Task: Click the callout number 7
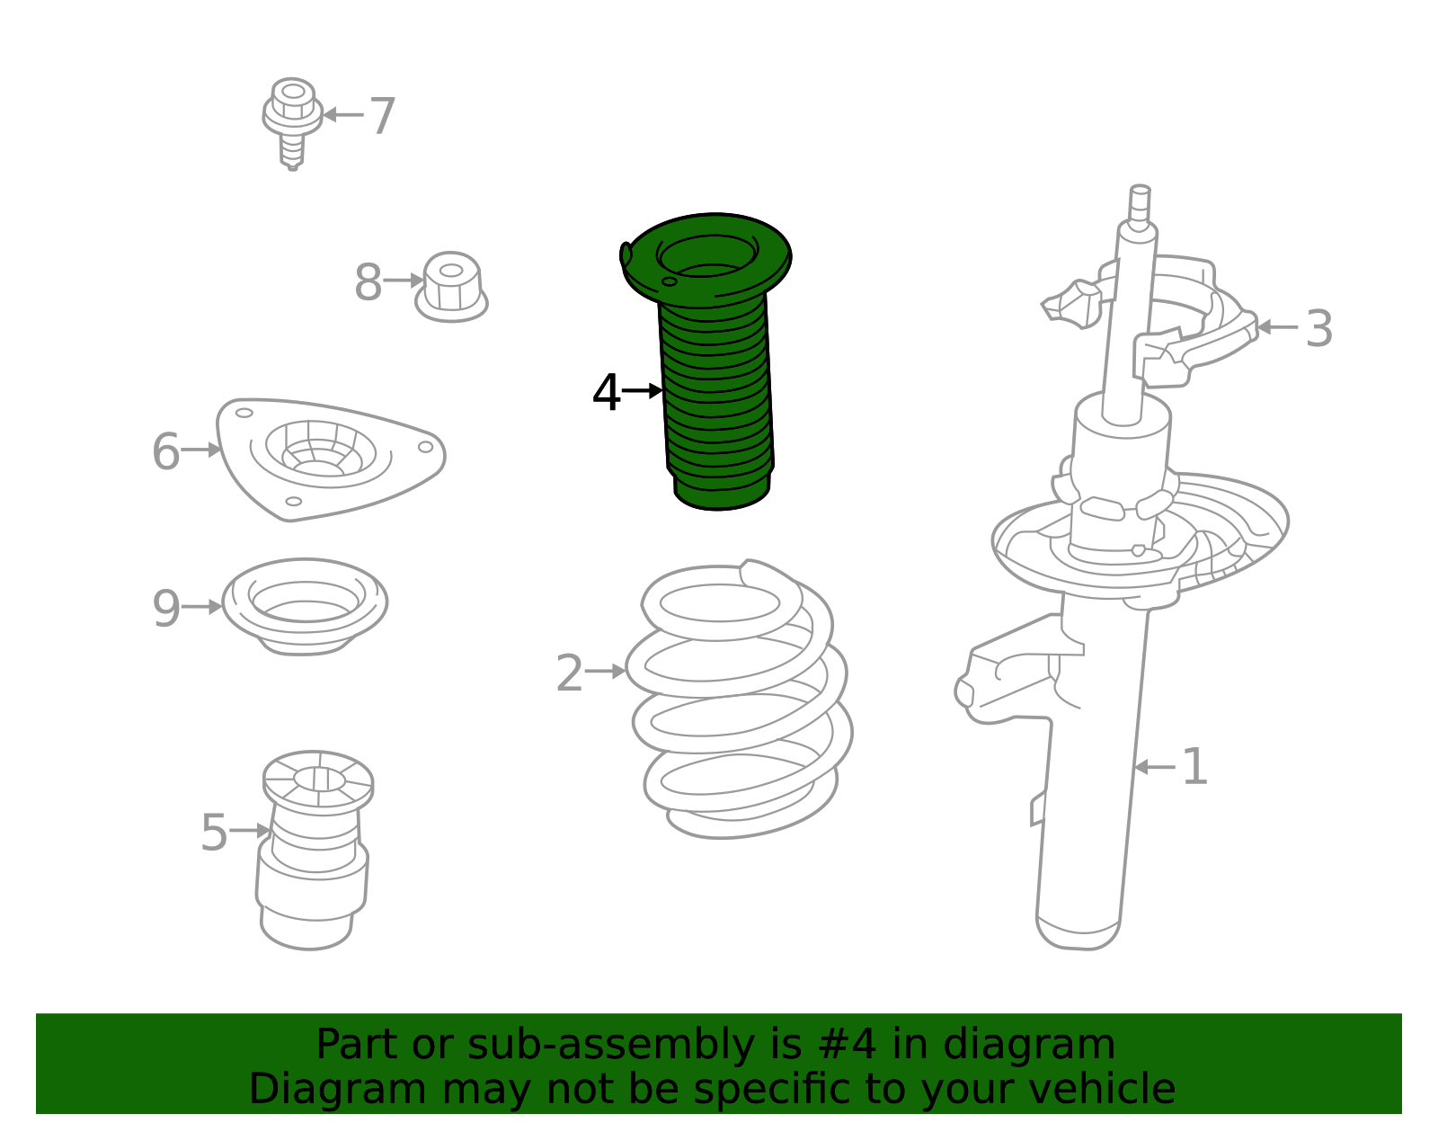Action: point(383,117)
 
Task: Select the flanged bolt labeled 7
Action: point(292,121)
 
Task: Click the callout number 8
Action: point(368,283)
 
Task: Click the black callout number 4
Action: point(607,393)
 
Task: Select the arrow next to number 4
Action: point(643,390)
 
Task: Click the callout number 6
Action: point(166,451)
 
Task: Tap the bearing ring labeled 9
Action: point(305,606)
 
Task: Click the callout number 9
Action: point(166,609)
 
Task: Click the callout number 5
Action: point(214,833)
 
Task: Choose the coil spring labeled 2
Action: point(739,701)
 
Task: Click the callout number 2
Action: point(570,673)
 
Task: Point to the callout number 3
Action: point(1318,329)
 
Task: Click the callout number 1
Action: point(1194,767)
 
